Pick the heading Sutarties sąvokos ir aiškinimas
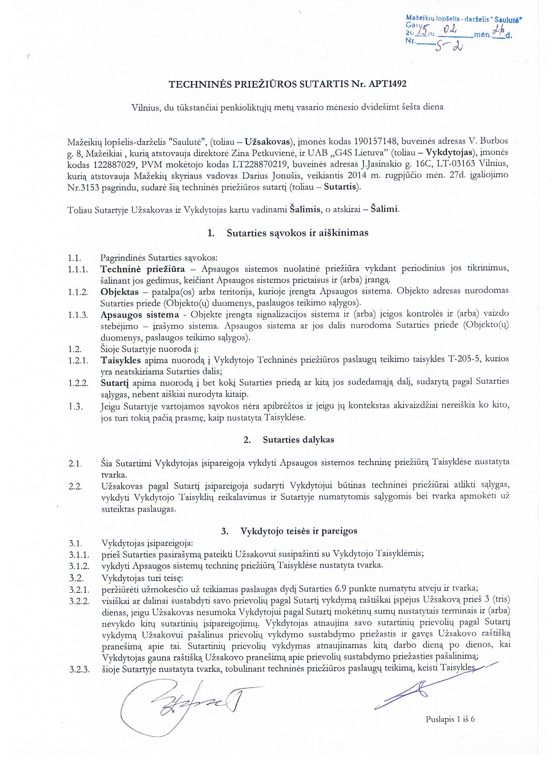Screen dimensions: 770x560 coord(297,234)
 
